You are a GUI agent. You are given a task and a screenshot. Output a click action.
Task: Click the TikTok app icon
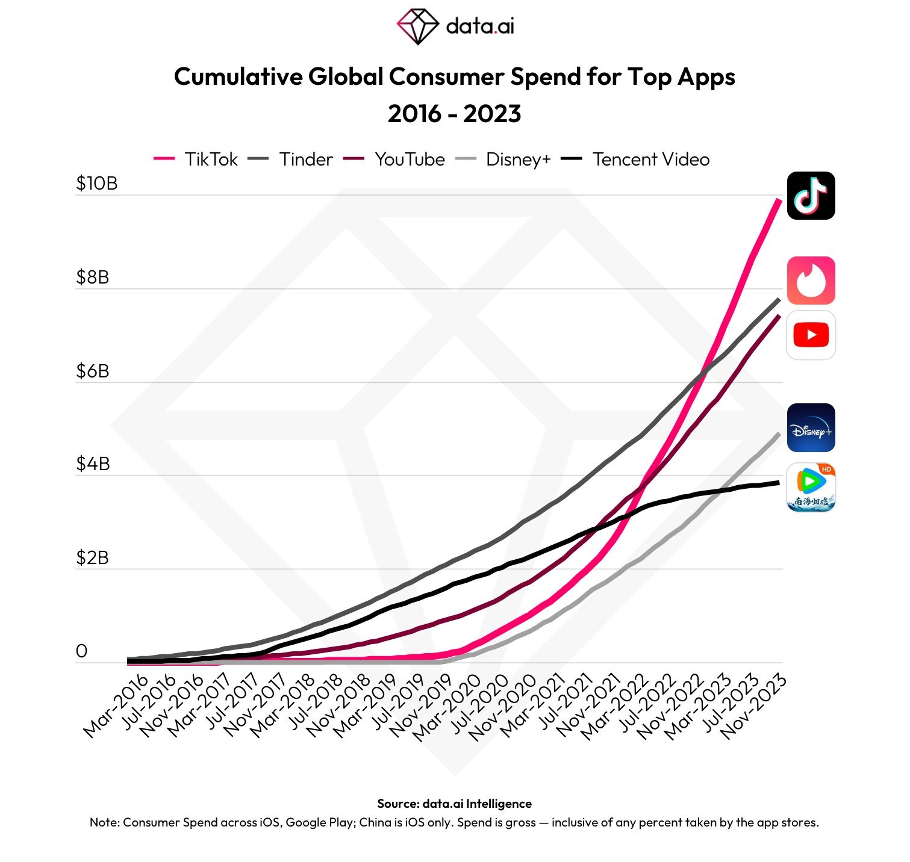pyautogui.click(x=811, y=196)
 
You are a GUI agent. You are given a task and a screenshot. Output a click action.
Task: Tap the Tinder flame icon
pyautogui.click(x=811, y=281)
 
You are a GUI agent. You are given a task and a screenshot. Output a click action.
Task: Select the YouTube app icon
pyautogui.click(x=811, y=335)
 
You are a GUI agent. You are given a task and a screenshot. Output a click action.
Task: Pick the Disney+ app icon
pyautogui.click(x=811, y=428)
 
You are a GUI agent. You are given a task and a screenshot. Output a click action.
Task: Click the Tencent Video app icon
pyautogui.click(x=811, y=487)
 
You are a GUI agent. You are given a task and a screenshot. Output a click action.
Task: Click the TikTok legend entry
pyautogui.click(x=196, y=160)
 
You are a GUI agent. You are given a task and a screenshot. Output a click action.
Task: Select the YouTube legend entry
pyautogui.click(x=394, y=160)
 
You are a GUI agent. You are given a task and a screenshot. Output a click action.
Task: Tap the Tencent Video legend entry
pyautogui.click(x=635, y=160)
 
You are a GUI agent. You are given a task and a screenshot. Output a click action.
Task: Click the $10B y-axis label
pyautogui.click(x=96, y=184)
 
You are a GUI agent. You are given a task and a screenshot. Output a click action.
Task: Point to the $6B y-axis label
pyautogui.click(x=92, y=371)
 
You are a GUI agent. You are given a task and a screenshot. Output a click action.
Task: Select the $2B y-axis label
pyautogui.click(x=92, y=558)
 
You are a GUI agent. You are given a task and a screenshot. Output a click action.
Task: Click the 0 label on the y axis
pyautogui.click(x=81, y=651)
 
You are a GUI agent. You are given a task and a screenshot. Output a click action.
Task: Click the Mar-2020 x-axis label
pyautogui.click(x=447, y=706)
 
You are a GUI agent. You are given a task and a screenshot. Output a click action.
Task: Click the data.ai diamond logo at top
pyautogui.click(x=417, y=26)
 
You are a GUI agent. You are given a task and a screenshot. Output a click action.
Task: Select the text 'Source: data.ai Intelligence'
pyautogui.click(x=454, y=804)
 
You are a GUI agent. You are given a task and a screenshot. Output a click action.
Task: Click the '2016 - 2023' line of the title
pyautogui.click(x=454, y=114)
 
